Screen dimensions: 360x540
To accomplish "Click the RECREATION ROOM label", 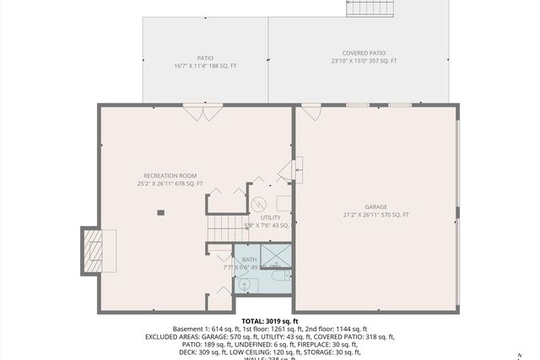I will pyautogui.click(x=170, y=175).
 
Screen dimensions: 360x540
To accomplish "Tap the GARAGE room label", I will pyautogui.click(x=375, y=207).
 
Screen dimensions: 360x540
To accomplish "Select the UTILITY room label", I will pyautogui.click(x=270, y=218).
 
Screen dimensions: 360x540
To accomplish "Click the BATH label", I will pyautogui.click(x=249, y=260).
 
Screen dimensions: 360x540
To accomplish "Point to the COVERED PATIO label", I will pyautogui.click(x=363, y=52).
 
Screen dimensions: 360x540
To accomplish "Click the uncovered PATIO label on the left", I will pyautogui.click(x=205, y=58).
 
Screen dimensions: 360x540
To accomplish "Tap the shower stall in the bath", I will pyautogui.click(x=275, y=255).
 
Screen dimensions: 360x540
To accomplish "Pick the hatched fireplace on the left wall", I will pyautogui.click(x=94, y=250).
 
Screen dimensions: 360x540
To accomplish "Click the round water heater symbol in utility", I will pyautogui.click(x=261, y=203).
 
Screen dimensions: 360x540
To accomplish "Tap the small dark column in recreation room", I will pyautogui.click(x=159, y=212).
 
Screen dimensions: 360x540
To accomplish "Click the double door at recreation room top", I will pyautogui.click(x=202, y=110).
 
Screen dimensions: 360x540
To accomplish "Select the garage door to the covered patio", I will pyautogui.click(x=311, y=110).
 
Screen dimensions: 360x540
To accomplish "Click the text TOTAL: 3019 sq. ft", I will pyautogui.click(x=270, y=321).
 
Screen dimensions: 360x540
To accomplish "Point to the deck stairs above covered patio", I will pyautogui.click(x=370, y=8).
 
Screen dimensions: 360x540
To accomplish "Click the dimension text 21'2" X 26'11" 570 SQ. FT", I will pyautogui.click(x=375, y=215).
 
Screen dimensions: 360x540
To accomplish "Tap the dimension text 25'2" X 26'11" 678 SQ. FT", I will pyautogui.click(x=170, y=184).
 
